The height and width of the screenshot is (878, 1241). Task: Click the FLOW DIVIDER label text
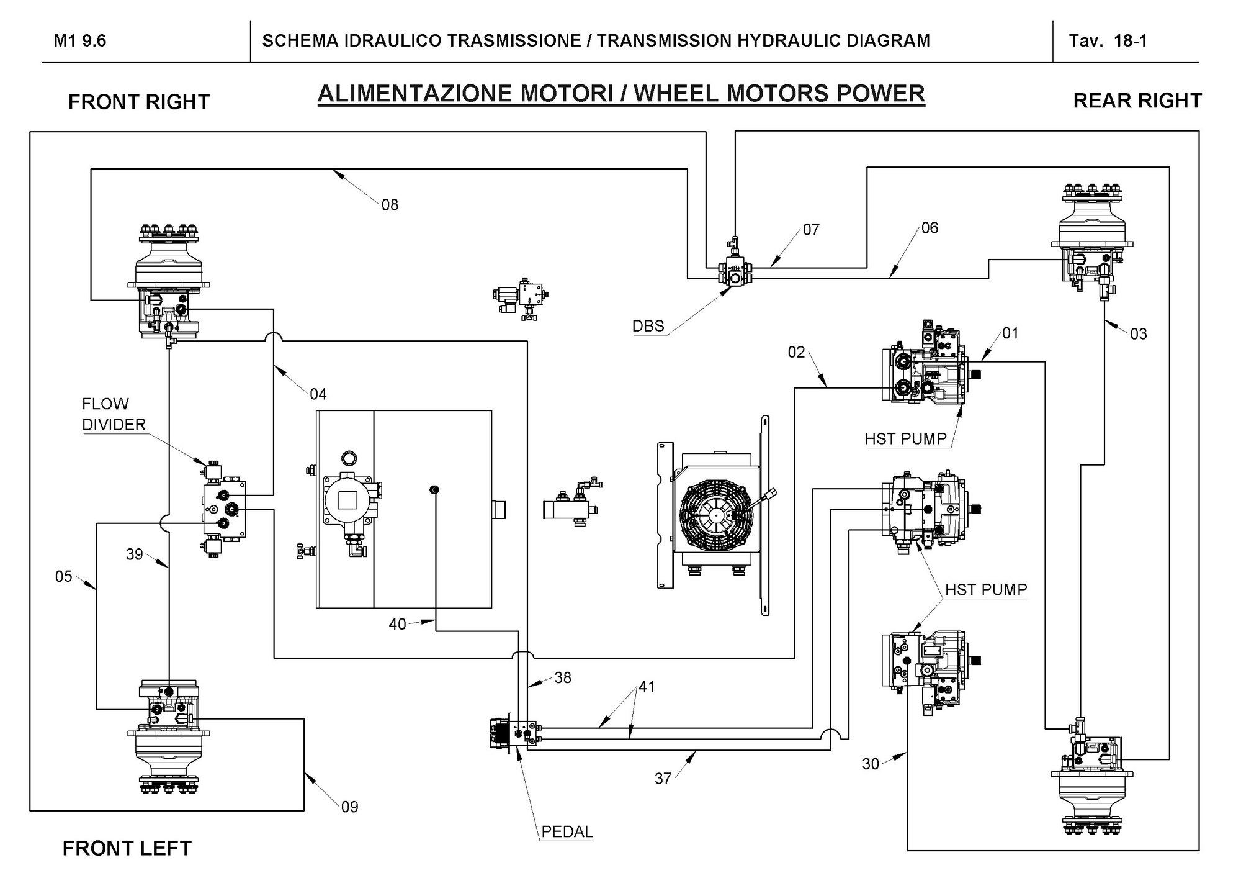tap(114, 414)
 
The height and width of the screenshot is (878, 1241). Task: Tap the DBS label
tap(648, 326)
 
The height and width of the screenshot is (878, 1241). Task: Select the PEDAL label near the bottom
tap(567, 831)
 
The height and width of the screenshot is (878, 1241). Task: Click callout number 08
tap(390, 205)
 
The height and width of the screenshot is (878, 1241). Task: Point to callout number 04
tap(318, 394)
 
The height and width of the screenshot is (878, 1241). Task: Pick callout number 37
tap(663, 779)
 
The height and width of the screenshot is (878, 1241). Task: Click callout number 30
tap(871, 764)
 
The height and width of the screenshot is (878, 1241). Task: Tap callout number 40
tap(397, 624)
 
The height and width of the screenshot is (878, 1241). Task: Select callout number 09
tap(350, 807)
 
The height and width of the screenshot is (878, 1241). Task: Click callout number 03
tap(1139, 334)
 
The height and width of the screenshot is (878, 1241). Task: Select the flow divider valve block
tap(224, 510)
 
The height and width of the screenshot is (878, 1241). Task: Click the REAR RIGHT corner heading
tap(1137, 101)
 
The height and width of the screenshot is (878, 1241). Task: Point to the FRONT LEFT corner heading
tap(127, 848)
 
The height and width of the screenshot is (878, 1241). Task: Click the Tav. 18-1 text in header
tap(1108, 41)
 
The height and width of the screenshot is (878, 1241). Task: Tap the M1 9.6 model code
tap(80, 41)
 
